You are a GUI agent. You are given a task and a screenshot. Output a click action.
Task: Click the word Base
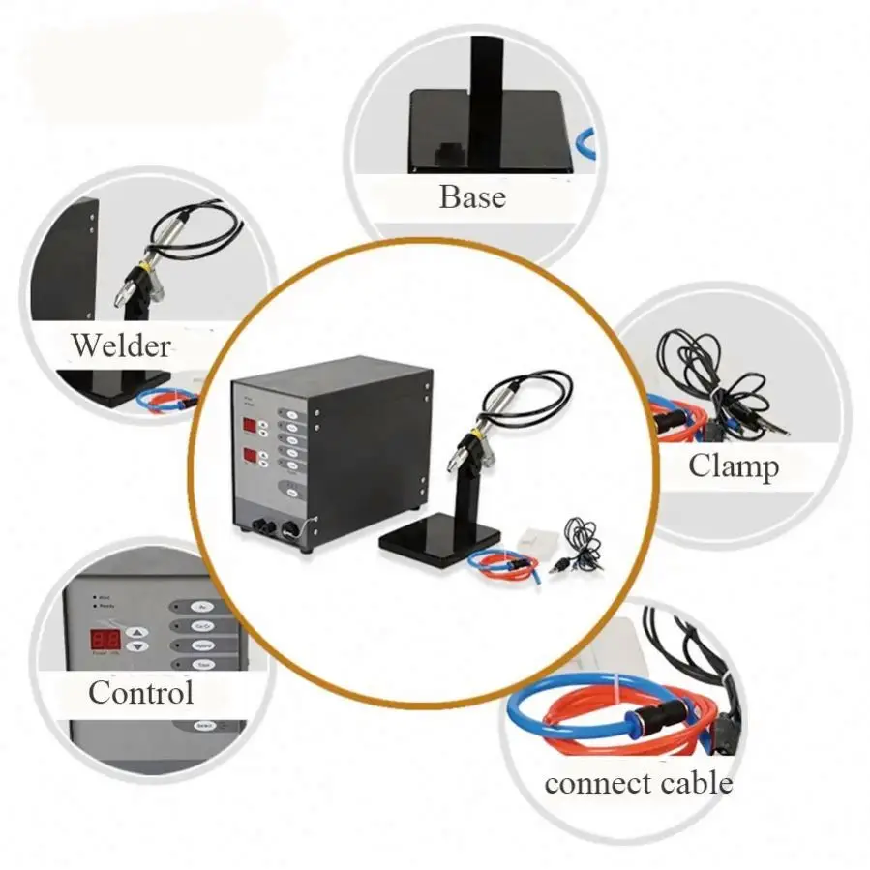(471, 196)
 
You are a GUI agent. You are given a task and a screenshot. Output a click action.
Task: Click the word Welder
(120, 345)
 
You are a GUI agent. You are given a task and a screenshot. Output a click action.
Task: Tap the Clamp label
(733, 466)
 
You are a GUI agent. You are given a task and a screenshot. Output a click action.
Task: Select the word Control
(140, 692)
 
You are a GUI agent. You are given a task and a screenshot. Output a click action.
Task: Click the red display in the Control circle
(105, 639)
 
